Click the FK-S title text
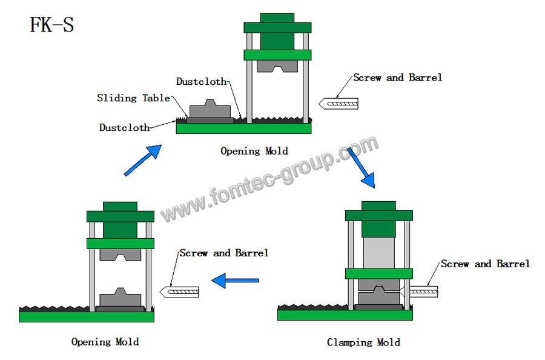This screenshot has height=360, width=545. click(52, 25)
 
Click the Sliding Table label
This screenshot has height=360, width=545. click(133, 98)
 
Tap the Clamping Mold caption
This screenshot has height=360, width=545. click(363, 342)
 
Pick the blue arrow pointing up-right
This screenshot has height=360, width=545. click(143, 160)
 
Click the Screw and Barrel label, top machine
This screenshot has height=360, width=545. click(397, 78)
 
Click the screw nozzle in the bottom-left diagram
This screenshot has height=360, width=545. click(179, 292)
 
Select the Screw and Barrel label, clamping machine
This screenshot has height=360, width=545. click(485, 264)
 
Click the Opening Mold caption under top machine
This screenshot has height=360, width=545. click(254, 151)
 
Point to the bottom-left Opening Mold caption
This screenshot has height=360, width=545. click(105, 342)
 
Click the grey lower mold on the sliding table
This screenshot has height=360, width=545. click(210, 112)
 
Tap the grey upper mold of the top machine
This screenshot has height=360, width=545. click(277, 65)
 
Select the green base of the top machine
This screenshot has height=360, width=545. click(243, 128)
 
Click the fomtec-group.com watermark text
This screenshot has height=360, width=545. click(269, 179)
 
